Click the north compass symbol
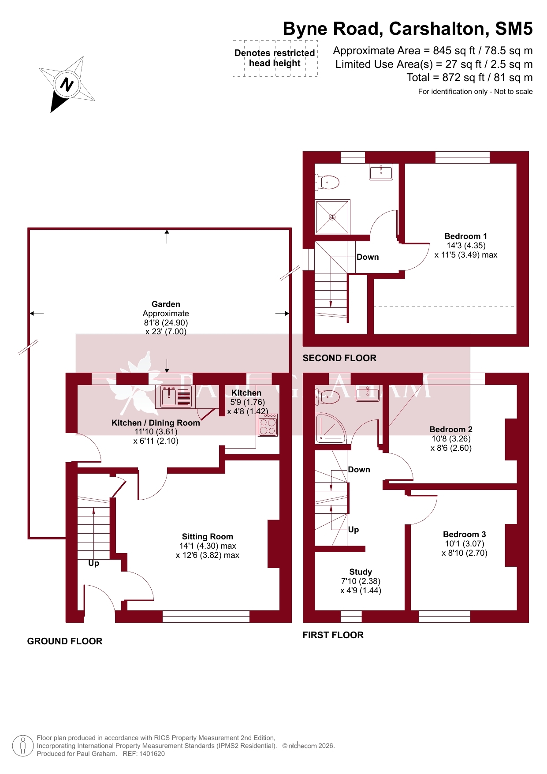(67, 84)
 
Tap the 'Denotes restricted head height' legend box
(275, 58)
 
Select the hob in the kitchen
(268, 425)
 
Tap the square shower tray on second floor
(332, 217)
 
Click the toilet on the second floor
(327, 182)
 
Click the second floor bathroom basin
(381, 172)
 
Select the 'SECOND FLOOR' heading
(339, 358)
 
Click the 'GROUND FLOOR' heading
(65, 641)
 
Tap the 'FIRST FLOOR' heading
(333, 635)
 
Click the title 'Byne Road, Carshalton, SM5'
(408, 29)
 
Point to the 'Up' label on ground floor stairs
(93, 564)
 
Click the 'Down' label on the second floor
(368, 257)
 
